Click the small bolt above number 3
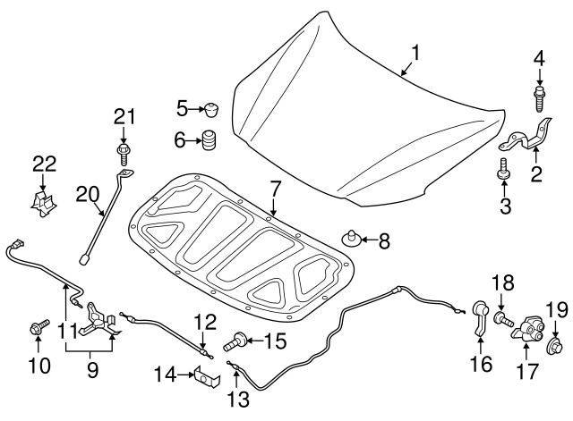click(x=503, y=168)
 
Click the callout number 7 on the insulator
click(x=274, y=189)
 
